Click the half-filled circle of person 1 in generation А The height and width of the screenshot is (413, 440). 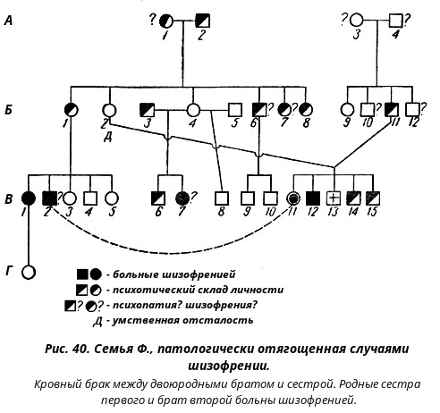165,21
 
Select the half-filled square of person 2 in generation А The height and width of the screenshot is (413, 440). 203,21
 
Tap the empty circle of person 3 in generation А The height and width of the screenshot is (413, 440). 356,21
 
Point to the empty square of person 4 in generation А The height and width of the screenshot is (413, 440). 396,21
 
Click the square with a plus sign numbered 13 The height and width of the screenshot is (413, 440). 334,198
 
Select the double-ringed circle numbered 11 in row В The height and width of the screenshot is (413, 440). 293,198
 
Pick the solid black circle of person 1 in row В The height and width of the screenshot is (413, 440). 29,198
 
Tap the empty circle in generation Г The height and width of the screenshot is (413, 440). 29,272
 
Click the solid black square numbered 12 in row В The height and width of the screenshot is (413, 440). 313,198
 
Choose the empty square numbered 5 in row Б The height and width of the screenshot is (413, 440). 235,110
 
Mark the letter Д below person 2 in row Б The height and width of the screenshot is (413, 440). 107,138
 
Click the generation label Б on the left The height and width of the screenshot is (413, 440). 8,110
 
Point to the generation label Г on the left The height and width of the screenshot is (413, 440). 10,271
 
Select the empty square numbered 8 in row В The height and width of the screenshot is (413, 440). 222,198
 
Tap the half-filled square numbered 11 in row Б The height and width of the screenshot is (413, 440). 392,110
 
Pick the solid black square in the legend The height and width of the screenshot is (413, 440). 82,274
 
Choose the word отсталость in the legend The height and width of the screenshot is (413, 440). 218,320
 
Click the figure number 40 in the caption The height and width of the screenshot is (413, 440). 80,349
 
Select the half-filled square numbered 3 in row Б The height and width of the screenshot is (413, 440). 148,110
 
